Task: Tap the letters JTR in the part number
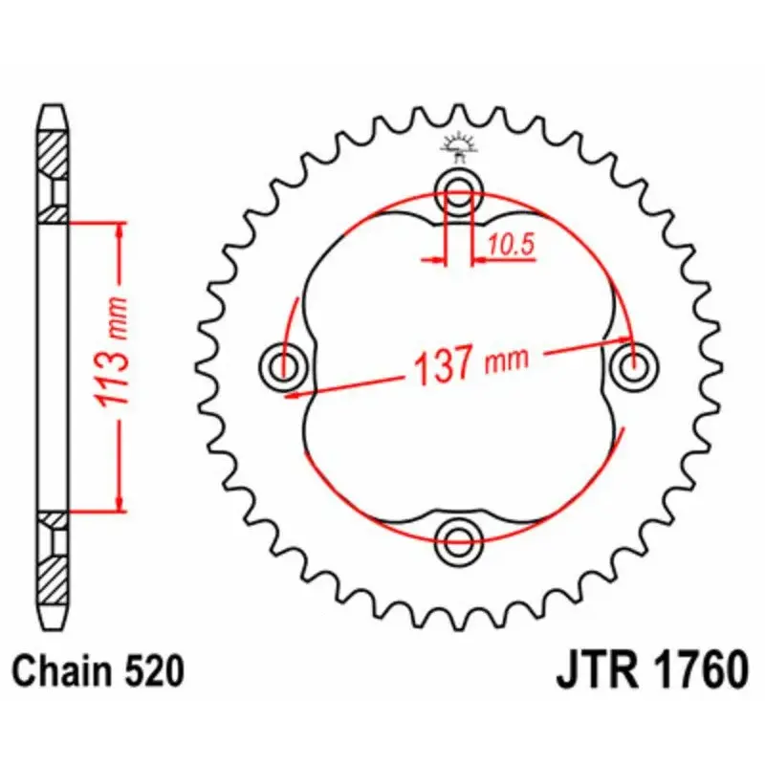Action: click(593, 670)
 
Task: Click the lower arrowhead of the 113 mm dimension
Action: click(120, 501)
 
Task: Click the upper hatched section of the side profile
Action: click(54, 153)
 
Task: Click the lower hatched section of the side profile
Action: click(54, 574)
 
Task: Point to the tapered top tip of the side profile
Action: click(54, 111)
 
